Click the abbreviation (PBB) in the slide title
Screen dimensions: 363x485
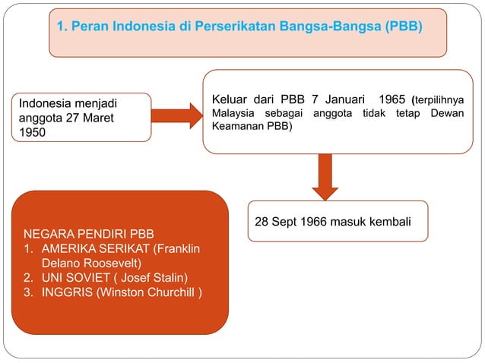pyautogui.click(x=403, y=27)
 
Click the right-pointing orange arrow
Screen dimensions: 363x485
pyautogui.click(x=176, y=115)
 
